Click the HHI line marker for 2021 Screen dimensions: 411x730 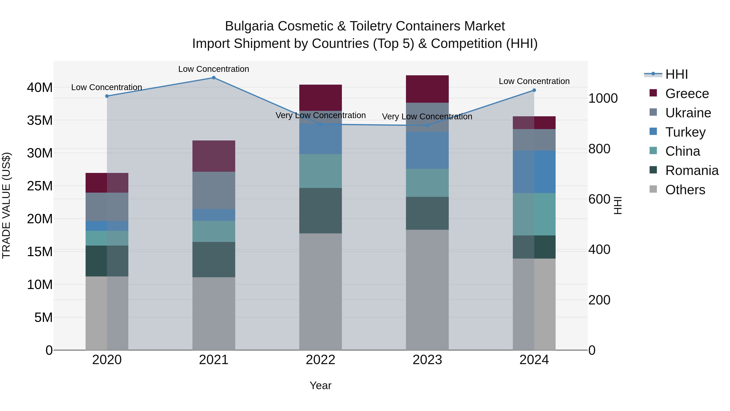point(214,78)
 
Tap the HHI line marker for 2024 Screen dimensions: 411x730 point(534,90)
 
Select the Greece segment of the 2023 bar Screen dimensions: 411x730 point(427,89)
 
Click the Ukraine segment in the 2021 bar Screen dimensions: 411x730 point(214,190)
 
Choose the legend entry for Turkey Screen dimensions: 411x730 point(685,132)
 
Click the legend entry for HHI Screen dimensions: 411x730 point(676,74)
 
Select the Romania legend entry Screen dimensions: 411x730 point(691,170)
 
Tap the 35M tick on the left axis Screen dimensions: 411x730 point(40,120)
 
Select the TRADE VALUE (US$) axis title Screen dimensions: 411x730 point(6,205)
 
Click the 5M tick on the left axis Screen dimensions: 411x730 point(43,317)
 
